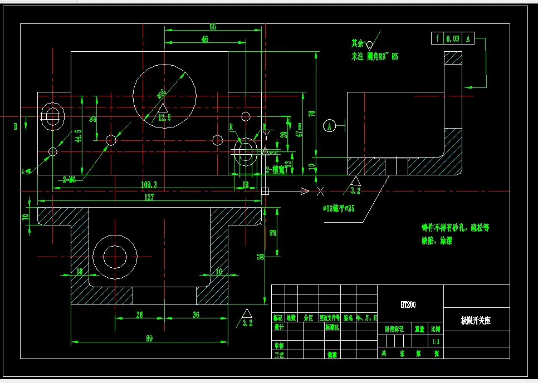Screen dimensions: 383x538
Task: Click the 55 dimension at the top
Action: pos(213,27)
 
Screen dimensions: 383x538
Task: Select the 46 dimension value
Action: pos(205,40)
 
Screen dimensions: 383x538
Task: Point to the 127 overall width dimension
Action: pos(149,197)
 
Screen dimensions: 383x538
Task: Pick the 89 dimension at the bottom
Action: pos(149,337)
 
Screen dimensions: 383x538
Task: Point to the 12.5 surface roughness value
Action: pos(164,118)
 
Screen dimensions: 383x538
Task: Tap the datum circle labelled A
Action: pos(330,126)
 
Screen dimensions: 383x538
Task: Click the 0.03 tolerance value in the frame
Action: pos(453,39)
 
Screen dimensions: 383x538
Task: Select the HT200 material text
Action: pos(408,305)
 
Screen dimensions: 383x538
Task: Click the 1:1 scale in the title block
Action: pos(436,341)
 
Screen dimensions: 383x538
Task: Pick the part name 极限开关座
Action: pos(476,321)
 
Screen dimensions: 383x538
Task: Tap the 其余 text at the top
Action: pos(357,43)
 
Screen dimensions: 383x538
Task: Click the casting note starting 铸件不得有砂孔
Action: pos(455,228)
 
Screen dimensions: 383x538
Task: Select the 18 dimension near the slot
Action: pos(246,184)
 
